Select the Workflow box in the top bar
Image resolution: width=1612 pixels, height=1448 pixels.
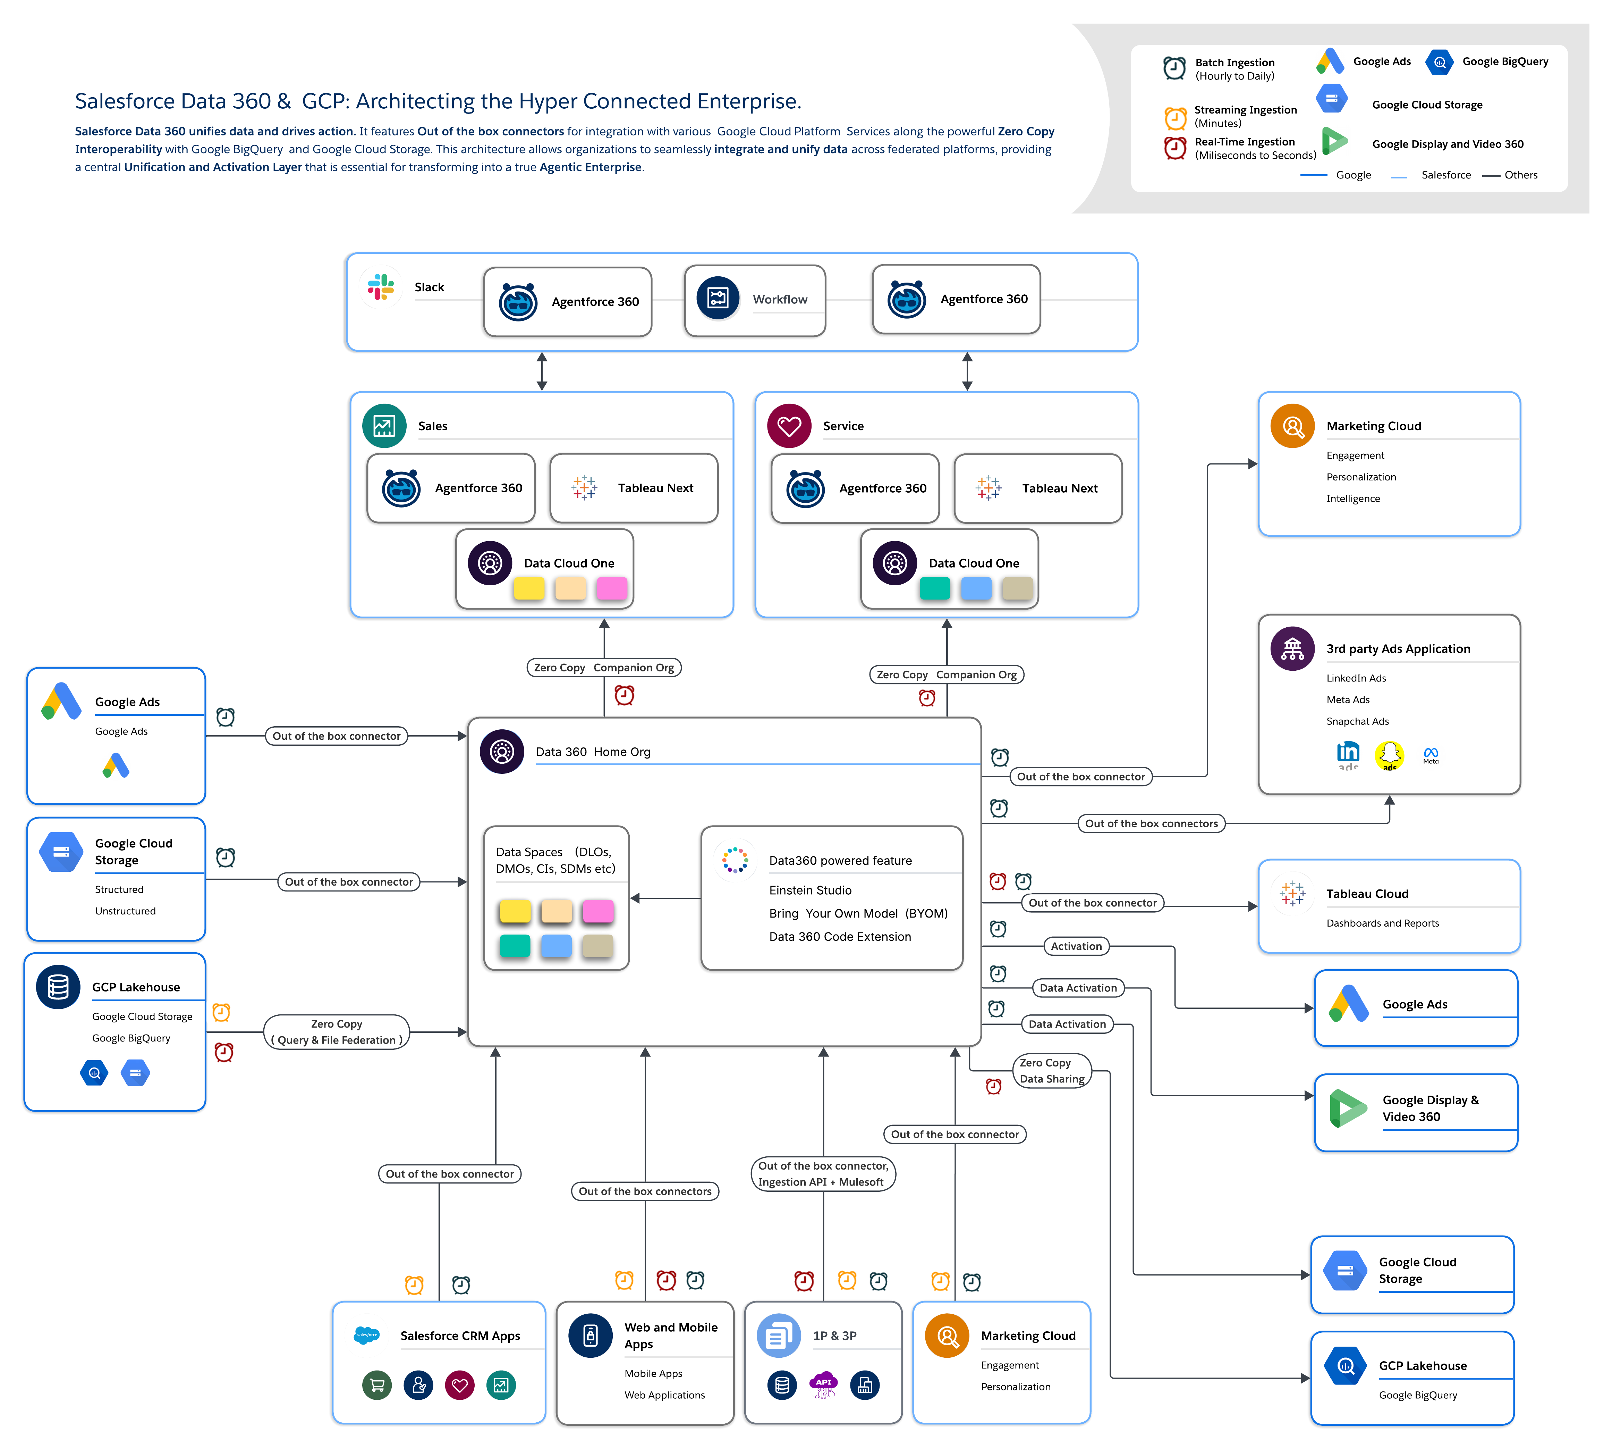755,300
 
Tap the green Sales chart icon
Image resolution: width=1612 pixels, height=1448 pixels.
384,426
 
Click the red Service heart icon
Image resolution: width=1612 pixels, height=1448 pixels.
789,426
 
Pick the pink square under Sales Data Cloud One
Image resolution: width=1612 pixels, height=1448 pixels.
612,589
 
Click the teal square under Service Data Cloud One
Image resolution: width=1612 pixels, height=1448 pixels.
934,589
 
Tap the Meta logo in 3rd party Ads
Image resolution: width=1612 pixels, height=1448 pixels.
1431,754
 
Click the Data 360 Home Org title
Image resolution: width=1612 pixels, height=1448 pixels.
593,752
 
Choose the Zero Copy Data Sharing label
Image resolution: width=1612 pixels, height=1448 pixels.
1051,1071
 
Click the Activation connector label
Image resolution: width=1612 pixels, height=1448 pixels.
1076,946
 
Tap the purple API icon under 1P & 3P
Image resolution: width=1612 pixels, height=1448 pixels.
823,1385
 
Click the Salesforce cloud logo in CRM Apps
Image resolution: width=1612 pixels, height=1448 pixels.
367,1335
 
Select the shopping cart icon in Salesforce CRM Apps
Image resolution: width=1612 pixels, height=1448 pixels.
377,1385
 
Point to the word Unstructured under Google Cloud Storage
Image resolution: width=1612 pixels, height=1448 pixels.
125,911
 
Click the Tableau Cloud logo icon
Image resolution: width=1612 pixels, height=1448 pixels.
1292,894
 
